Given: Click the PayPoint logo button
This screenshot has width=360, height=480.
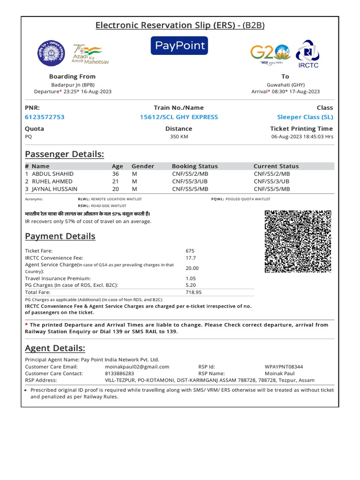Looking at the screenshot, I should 179,45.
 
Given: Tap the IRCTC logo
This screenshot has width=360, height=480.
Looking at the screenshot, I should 307,53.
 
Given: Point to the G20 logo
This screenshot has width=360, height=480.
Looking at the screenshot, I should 270,53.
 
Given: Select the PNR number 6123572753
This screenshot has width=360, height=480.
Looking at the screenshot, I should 45,117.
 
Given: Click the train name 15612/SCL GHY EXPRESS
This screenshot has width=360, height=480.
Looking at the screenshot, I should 179,117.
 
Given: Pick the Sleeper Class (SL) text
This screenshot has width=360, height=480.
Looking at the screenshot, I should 305,117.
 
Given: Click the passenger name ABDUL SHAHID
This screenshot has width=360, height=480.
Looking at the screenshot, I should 52,174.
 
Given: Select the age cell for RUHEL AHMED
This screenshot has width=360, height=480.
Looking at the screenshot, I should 115,181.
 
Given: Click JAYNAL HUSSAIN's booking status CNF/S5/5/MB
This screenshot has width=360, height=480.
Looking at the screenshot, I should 190,189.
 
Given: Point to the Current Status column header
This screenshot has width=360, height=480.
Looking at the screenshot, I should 276,166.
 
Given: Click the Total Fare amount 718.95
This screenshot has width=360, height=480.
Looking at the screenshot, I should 194,292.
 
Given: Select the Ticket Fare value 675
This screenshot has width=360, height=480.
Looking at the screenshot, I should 190,251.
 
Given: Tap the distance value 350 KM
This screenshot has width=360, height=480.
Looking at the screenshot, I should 179,137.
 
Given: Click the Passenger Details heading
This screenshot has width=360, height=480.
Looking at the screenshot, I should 64,154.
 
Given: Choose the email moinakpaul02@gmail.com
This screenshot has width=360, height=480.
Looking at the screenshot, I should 137,367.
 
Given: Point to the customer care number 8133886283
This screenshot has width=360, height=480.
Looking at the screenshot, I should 120,374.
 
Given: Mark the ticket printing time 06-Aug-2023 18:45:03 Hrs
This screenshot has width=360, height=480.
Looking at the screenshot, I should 302,137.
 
